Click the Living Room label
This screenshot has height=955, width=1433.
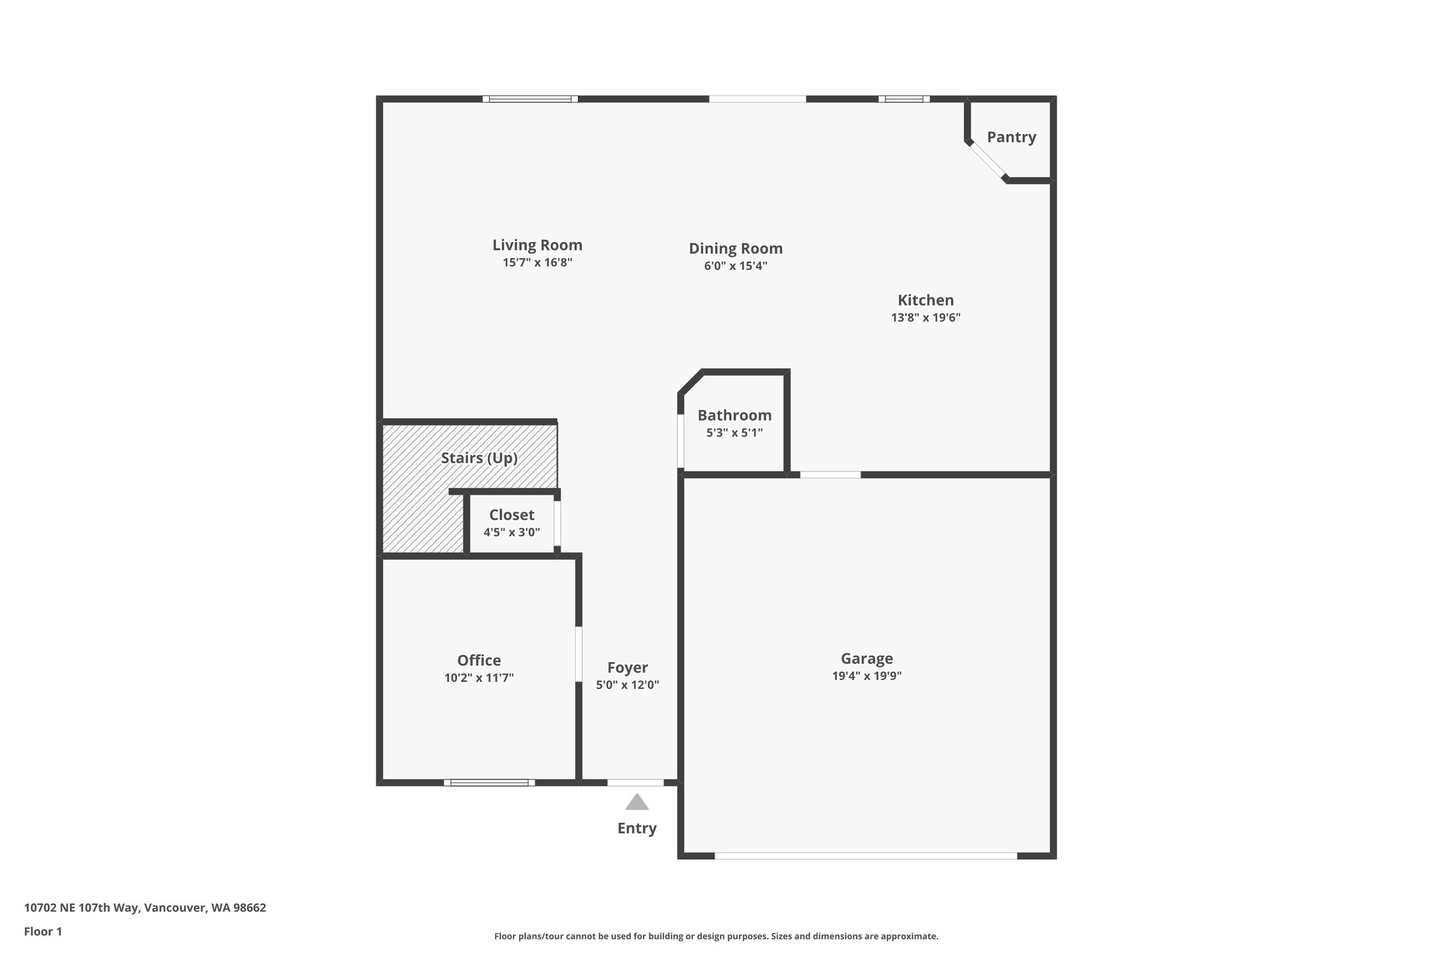(x=537, y=245)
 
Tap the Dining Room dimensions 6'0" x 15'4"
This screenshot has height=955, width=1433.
(x=735, y=266)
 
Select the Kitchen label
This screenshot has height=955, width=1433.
(x=925, y=300)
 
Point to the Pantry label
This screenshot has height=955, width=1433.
(x=1011, y=137)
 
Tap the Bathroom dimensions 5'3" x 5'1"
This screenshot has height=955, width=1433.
(x=734, y=433)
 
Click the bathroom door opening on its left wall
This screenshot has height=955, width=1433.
(x=680, y=440)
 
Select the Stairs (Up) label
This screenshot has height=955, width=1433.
(x=479, y=458)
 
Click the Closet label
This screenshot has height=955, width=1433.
(x=511, y=515)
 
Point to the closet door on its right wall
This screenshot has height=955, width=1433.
(x=558, y=523)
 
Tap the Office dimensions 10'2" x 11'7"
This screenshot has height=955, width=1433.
(x=479, y=678)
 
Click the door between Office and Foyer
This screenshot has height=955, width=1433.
(x=579, y=653)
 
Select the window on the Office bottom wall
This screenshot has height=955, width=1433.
(x=489, y=782)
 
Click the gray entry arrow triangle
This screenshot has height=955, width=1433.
(x=637, y=802)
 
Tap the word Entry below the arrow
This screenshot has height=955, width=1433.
(x=637, y=828)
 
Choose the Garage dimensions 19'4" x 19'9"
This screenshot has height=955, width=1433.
(x=866, y=677)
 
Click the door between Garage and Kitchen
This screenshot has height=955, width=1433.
(x=830, y=475)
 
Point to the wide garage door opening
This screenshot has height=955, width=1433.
(x=866, y=856)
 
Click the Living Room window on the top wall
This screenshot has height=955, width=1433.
(x=530, y=99)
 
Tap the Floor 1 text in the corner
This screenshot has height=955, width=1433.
(x=43, y=931)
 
